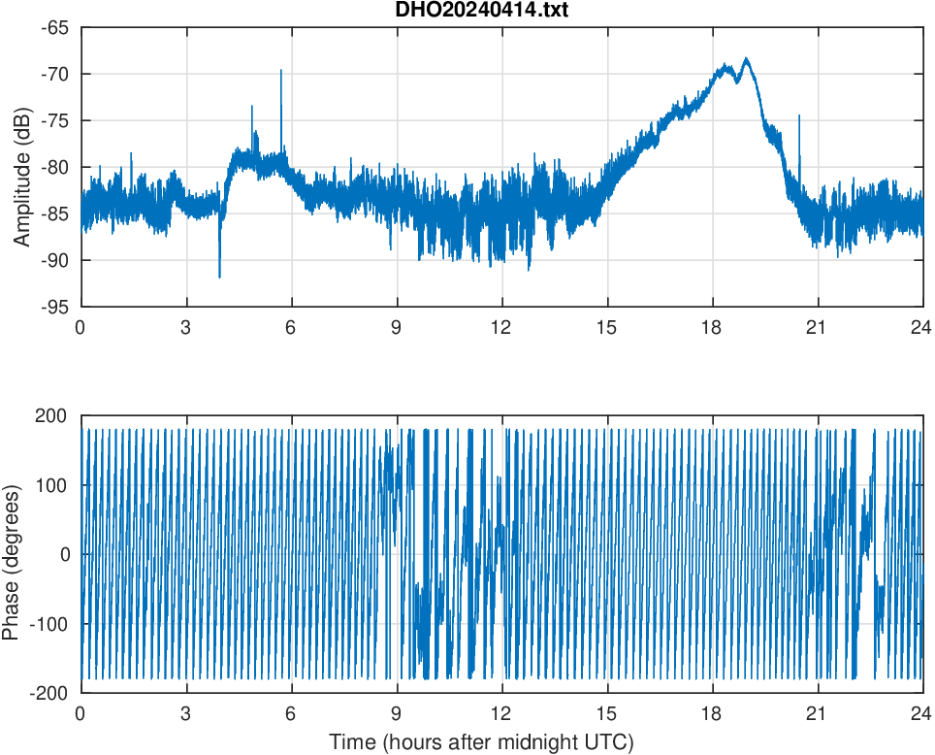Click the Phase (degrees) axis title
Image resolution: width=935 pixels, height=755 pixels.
(x=12, y=555)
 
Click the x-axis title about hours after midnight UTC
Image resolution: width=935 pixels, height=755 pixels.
(x=481, y=742)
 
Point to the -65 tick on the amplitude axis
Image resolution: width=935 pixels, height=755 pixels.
(x=54, y=27)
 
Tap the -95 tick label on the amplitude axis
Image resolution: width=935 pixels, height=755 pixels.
(x=54, y=307)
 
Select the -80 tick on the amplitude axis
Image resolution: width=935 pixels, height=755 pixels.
(x=54, y=167)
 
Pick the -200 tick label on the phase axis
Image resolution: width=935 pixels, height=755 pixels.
(x=49, y=693)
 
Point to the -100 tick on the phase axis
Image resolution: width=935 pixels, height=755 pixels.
(x=49, y=624)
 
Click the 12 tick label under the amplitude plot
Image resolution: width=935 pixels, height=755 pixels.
(x=501, y=327)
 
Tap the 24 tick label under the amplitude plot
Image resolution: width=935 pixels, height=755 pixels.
(x=921, y=327)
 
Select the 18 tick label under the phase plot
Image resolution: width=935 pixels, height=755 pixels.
(x=712, y=713)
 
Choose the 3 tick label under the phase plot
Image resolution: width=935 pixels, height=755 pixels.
(x=185, y=713)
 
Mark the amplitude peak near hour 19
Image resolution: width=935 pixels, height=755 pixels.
(x=746, y=59)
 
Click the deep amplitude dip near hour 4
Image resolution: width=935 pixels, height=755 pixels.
(x=219, y=277)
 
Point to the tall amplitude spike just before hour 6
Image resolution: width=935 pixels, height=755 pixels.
(x=281, y=71)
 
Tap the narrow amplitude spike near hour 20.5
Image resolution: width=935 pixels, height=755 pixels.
(x=799, y=115)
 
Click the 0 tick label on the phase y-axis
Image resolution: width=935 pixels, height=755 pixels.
(x=64, y=555)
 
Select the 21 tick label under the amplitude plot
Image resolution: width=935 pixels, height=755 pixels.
(x=817, y=327)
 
